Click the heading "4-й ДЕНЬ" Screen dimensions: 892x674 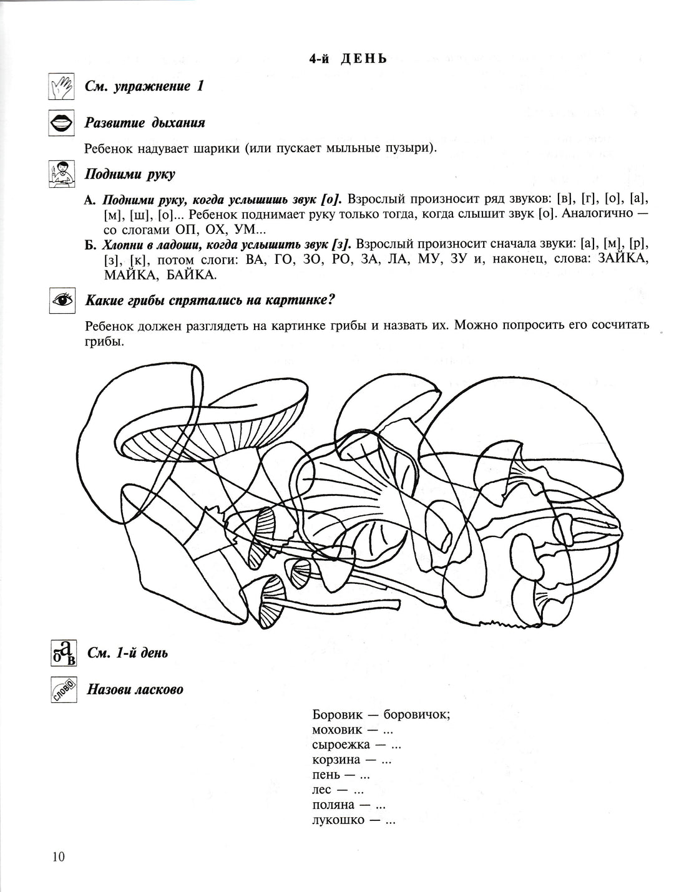click(x=348, y=59)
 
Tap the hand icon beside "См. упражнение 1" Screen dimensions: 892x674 click(x=61, y=87)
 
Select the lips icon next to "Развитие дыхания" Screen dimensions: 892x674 click(x=61, y=124)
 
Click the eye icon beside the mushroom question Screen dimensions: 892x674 click(x=61, y=301)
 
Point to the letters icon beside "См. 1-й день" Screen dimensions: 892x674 click(x=62, y=653)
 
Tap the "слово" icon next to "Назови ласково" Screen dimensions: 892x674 click(x=63, y=689)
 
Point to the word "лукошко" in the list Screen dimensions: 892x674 click(x=338, y=820)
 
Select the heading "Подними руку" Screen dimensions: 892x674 click(x=130, y=174)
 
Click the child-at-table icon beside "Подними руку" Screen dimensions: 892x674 click(x=61, y=175)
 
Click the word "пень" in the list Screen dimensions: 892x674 click(x=326, y=775)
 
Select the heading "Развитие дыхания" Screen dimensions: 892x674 click(x=145, y=123)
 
